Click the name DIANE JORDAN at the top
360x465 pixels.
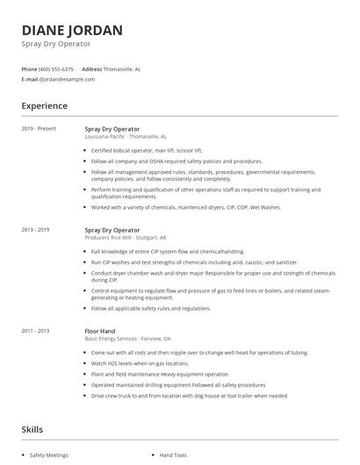[72, 29]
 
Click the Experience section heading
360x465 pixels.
[45, 106]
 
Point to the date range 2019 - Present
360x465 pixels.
[38, 129]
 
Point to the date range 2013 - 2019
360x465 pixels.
[36, 230]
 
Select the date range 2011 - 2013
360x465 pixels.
[36, 331]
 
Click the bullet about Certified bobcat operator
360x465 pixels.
[147, 150]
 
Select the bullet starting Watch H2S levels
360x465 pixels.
[140, 362]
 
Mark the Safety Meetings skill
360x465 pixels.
[48, 455]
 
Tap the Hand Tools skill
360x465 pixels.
[174, 455]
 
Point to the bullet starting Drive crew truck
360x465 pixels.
[189, 395]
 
